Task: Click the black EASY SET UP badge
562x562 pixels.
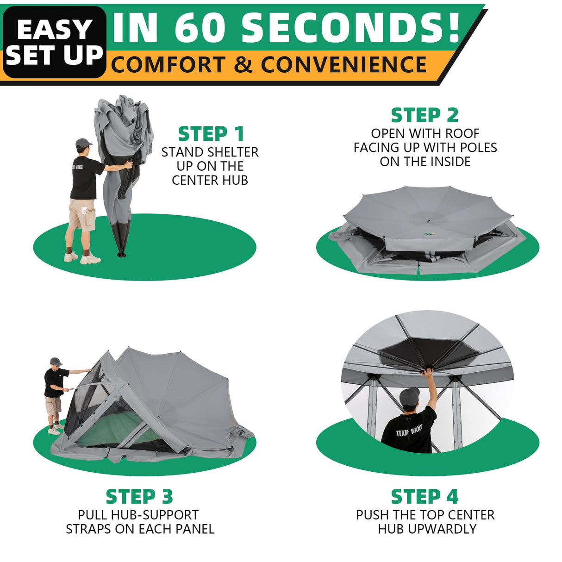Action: [x=55, y=42]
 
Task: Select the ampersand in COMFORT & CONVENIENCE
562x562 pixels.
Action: [x=243, y=65]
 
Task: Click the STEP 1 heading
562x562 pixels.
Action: [x=211, y=134]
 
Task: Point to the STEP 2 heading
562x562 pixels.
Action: [x=425, y=115]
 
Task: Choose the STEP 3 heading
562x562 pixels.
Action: [x=139, y=497]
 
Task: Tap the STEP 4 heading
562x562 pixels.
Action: [x=425, y=497]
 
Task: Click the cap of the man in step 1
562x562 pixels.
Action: [x=83, y=143]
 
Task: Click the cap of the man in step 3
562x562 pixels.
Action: [x=56, y=361]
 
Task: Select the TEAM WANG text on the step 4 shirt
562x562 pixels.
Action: [x=409, y=431]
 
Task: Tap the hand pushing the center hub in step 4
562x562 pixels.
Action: [x=428, y=371]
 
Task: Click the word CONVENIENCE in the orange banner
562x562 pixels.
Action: [x=343, y=65]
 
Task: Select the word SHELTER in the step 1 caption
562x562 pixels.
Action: [x=232, y=152]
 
